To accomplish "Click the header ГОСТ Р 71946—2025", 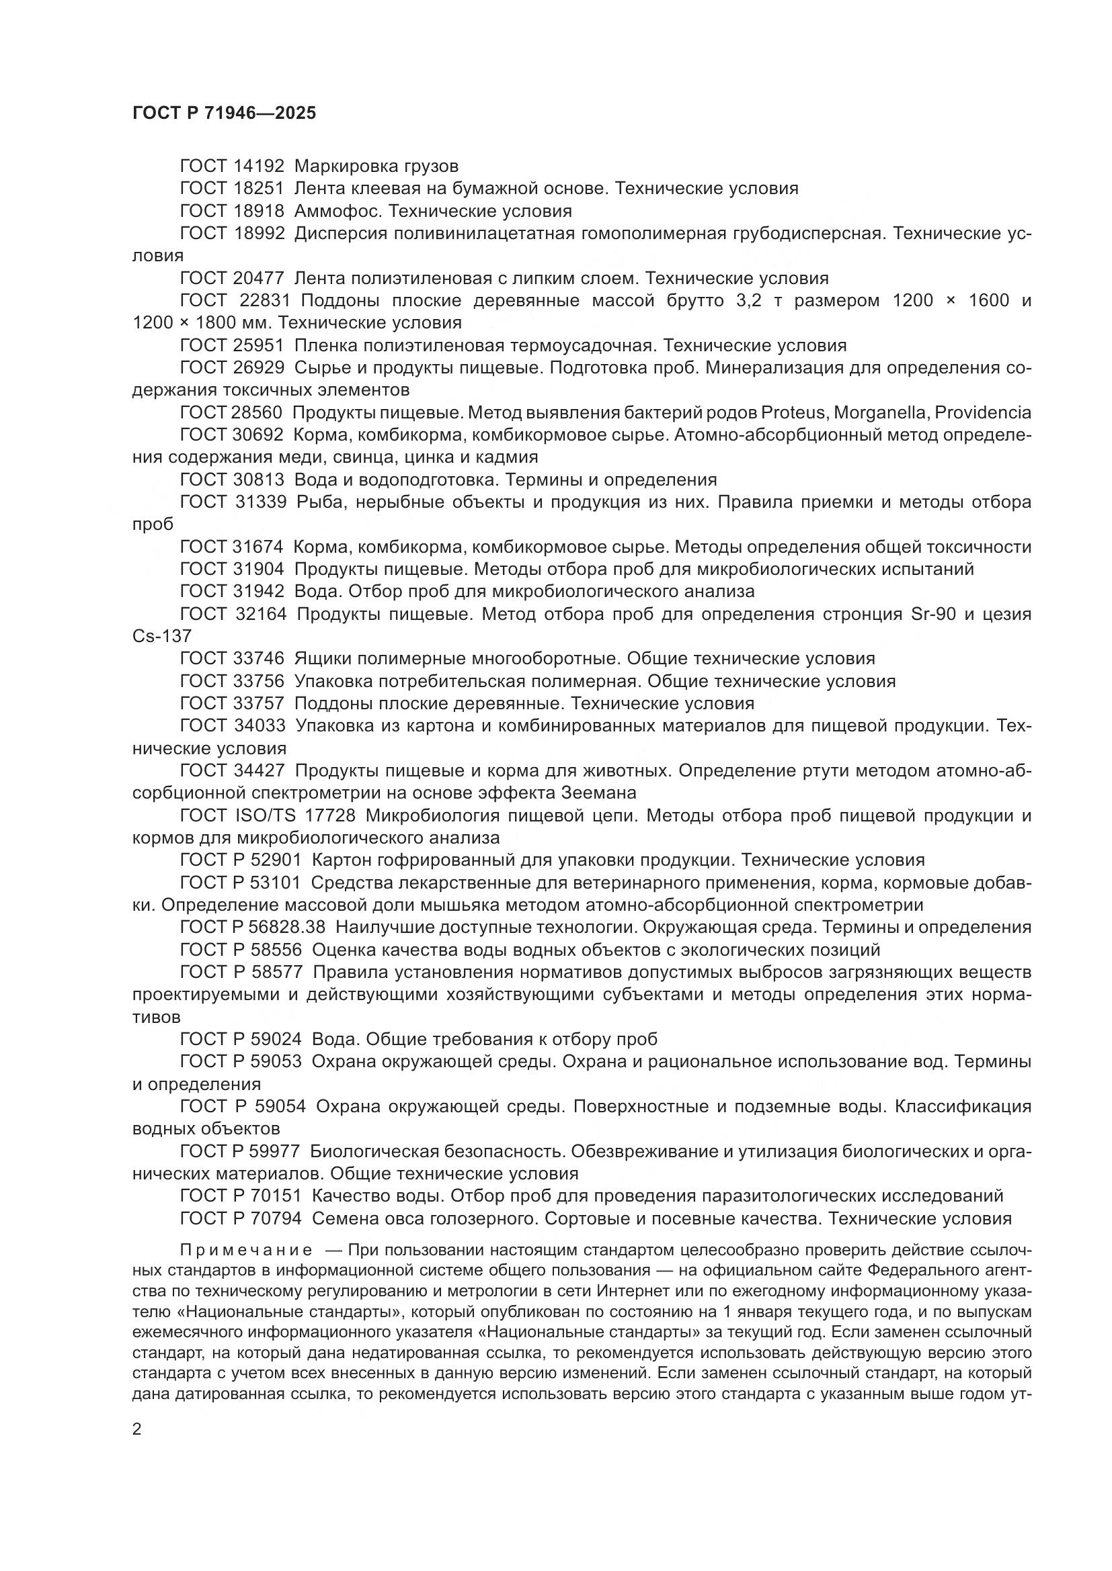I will coord(224,114).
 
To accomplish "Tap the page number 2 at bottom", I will coord(137,1429).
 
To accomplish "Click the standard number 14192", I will coord(258,167).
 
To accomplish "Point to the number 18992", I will coord(258,233).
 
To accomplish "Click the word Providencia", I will coord(983,412).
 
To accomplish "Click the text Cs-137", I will coord(161,636).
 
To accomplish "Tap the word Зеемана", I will coord(599,793).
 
